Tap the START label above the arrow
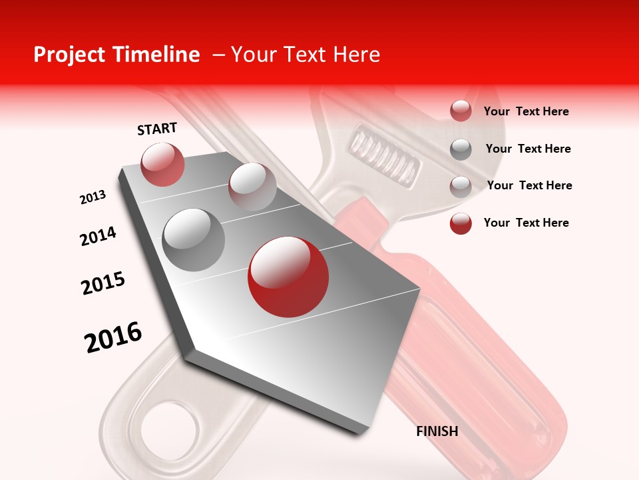click(x=157, y=129)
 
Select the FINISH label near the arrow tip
click(x=437, y=431)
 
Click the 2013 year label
click(x=93, y=197)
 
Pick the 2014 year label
click(x=99, y=236)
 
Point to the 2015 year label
click(x=103, y=283)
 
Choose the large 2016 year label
click(x=113, y=337)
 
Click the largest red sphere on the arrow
click(x=288, y=277)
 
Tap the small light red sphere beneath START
click(x=162, y=164)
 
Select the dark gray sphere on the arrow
click(x=194, y=239)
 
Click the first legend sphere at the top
click(x=461, y=111)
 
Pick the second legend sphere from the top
click(x=461, y=149)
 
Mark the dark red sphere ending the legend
click(x=461, y=223)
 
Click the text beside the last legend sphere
click(x=526, y=223)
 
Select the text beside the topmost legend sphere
click(x=526, y=111)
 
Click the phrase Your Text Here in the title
click(x=306, y=55)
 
